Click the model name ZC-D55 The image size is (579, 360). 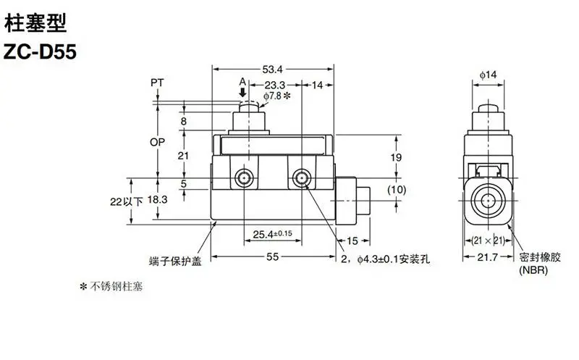click(x=40, y=51)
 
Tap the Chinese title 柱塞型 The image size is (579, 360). click(x=35, y=22)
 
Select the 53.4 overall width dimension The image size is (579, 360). click(x=273, y=69)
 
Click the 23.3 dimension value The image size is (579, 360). click(x=275, y=85)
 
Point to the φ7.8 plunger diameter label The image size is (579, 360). click(x=277, y=96)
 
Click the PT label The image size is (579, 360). click(x=157, y=83)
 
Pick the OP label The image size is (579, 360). click(x=157, y=142)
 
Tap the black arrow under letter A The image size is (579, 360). click(x=242, y=92)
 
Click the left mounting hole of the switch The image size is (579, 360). click(x=244, y=178)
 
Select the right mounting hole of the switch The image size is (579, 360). click(x=302, y=178)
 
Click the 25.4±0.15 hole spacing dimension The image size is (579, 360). click(x=273, y=234)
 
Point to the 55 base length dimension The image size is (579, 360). click(x=273, y=256)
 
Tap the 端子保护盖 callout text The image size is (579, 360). click(x=175, y=261)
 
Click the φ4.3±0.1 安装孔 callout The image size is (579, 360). click(x=385, y=259)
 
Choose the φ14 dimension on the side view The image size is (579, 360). click(x=488, y=75)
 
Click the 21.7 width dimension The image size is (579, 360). click(x=487, y=256)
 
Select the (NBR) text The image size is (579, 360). click(x=533, y=270)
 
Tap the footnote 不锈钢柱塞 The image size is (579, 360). click(x=111, y=286)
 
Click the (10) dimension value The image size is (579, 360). click(x=397, y=190)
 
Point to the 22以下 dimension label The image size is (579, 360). click(x=126, y=201)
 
